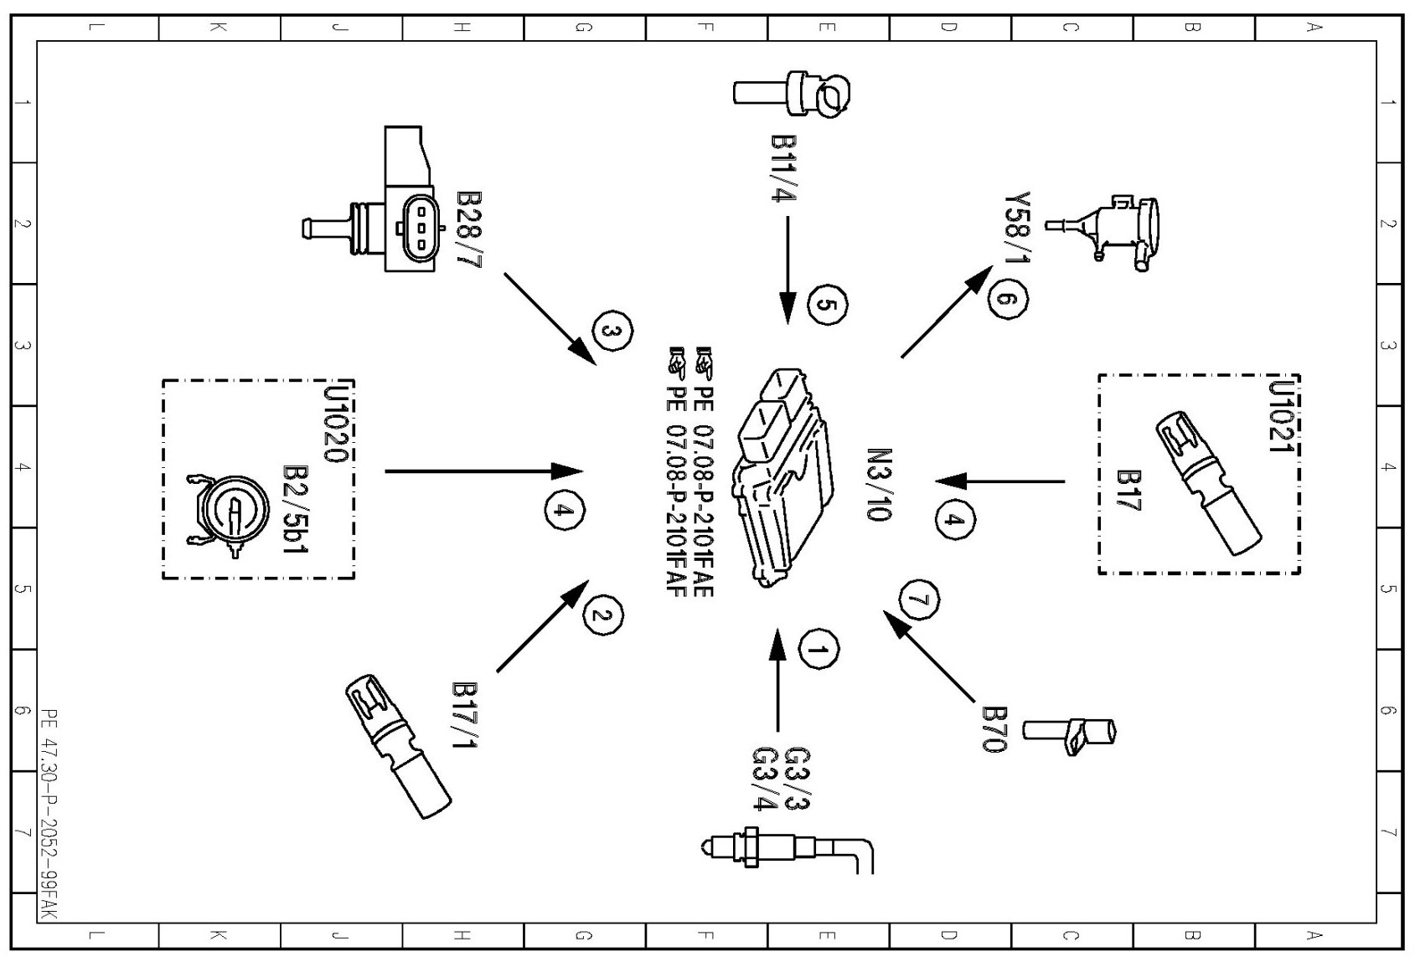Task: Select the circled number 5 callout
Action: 828,305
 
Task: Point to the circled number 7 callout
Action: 918,599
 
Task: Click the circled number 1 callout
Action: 819,649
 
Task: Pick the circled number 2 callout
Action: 603,615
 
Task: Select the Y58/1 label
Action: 1017,226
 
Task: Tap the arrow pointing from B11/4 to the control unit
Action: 788,268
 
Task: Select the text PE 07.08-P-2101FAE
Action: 704,474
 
